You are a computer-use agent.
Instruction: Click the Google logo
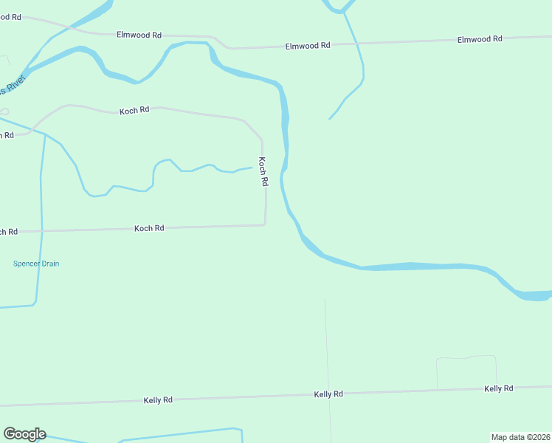pos(24,434)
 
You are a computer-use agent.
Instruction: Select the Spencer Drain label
pos(36,264)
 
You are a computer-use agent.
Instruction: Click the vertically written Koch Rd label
pos(263,171)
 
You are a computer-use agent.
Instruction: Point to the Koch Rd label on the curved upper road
pos(134,110)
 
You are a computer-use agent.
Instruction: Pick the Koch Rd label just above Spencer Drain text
pos(149,229)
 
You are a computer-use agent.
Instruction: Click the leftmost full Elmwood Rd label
pos(139,35)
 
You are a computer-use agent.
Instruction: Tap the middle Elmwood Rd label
pos(308,46)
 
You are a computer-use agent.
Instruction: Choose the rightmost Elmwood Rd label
pos(480,39)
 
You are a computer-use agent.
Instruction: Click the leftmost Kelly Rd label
pos(158,400)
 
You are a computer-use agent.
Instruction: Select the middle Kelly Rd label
pos(328,394)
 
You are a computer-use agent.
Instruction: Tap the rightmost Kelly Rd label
pos(499,388)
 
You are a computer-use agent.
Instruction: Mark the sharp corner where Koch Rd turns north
pos(265,224)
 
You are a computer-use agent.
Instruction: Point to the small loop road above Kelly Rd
pos(466,358)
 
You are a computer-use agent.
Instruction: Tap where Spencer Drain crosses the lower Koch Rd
pos(42,231)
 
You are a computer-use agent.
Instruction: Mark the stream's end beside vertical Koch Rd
pos(252,168)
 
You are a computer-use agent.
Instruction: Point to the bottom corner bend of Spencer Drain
pos(34,303)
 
